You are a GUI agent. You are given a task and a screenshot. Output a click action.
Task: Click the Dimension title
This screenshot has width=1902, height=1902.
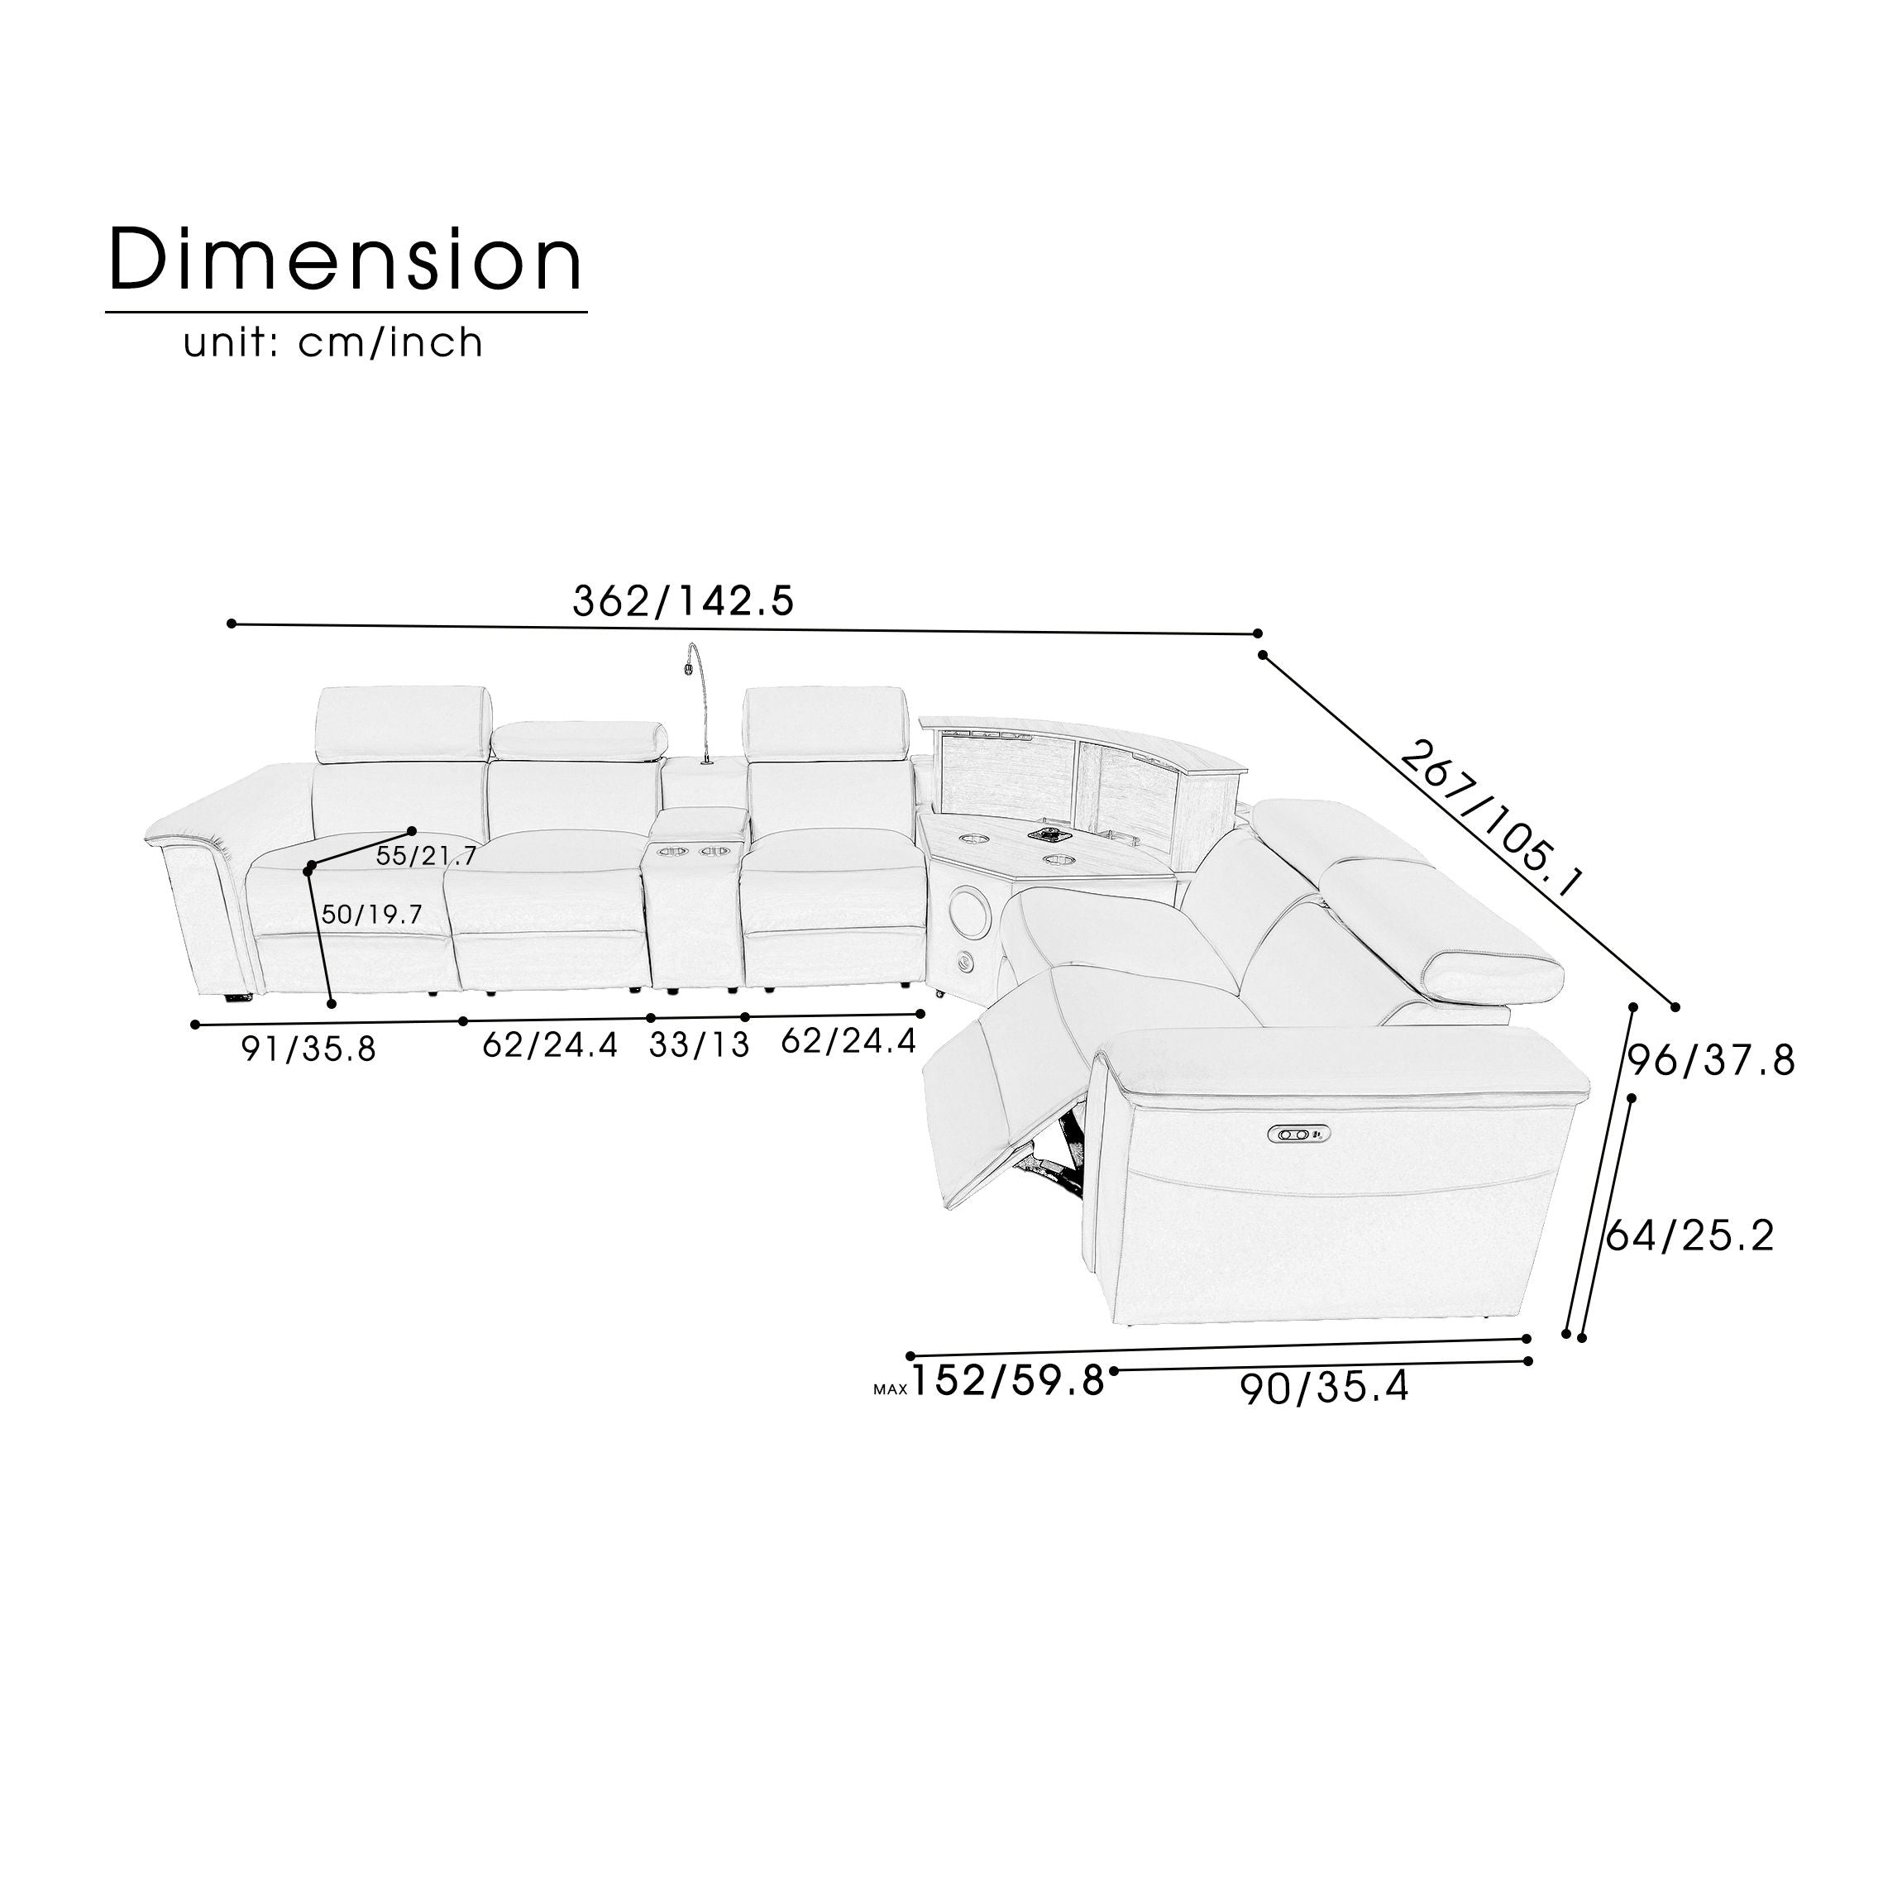(x=346, y=259)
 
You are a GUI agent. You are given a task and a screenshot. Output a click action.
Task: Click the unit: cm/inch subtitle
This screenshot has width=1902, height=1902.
(x=334, y=342)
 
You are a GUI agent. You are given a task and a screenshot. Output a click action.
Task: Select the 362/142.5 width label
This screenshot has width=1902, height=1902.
(x=683, y=600)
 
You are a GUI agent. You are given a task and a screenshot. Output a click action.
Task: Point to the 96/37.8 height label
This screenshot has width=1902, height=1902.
(x=1711, y=1061)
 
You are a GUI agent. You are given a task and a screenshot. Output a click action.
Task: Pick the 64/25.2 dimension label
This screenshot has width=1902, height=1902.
(x=1689, y=1235)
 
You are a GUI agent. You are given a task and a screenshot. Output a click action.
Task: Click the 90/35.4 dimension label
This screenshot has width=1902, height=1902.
(x=1324, y=1388)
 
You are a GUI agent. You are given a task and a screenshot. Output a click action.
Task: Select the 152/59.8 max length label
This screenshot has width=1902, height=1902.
(x=1008, y=1381)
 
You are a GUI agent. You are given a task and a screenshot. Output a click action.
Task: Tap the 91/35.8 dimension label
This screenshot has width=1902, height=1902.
(x=309, y=1049)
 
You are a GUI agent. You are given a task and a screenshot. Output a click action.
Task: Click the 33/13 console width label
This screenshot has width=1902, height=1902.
(x=699, y=1044)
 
